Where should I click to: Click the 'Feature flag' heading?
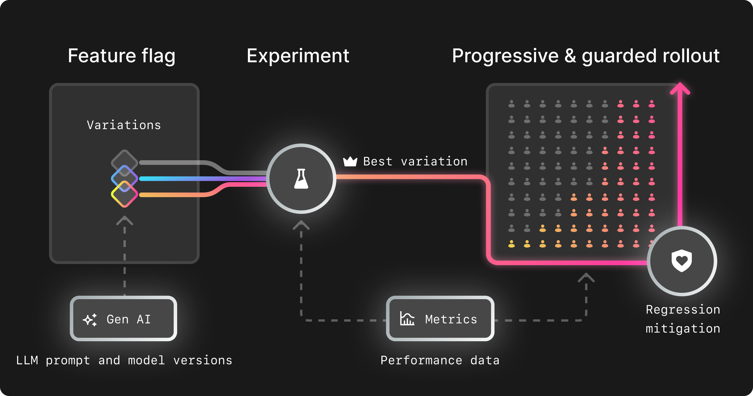(x=121, y=56)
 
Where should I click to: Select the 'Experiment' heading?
(x=298, y=56)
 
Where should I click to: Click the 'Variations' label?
(x=124, y=125)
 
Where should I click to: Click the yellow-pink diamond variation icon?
(x=125, y=195)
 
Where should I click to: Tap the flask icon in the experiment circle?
(x=301, y=179)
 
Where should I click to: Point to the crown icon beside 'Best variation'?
(x=350, y=161)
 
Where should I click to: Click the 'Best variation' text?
(x=415, y=161)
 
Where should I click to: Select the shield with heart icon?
(x=682, y=261)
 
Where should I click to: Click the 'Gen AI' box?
(x=123, y=318)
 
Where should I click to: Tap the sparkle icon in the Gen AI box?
(x=90, y=320)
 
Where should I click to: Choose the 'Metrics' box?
(x=440, y=318)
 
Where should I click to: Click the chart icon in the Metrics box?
(x=407, y=318)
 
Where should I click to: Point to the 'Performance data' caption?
(x=440, y=360)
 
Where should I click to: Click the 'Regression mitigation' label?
(x=683, y=319)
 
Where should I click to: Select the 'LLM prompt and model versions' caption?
(x=124, y=360)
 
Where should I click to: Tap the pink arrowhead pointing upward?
(x=680, y=88)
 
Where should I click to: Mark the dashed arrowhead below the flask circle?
(x=301, y=225)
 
